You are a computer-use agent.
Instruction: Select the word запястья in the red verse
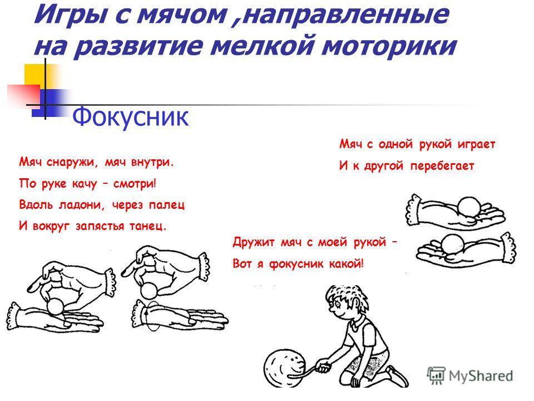100,227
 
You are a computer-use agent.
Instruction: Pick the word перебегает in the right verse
442,166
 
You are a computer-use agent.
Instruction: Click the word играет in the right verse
477,145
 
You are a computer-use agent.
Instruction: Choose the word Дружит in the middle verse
254,243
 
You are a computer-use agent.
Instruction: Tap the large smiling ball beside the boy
284,368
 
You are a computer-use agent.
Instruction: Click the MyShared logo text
481,376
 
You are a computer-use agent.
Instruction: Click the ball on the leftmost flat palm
56,306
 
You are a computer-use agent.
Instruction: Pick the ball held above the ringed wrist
149,291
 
